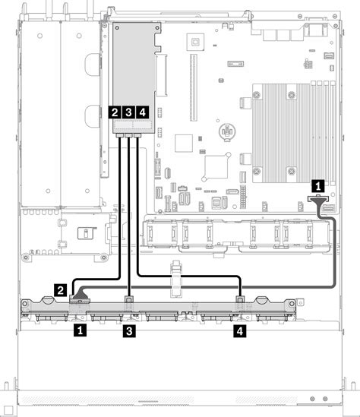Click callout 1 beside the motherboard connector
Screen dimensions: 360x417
(x=318, y=186)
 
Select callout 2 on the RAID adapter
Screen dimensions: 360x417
(x=115, y=112)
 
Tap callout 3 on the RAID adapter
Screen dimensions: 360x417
(x=128, y=112)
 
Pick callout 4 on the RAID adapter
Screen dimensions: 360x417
(x=143, y=112)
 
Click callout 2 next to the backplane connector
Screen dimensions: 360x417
(x=60, y=290)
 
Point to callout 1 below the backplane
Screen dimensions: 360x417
(x=80, y=330)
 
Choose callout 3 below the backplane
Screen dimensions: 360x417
(x=129, y=331)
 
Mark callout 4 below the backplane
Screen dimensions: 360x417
(x=240, y=331)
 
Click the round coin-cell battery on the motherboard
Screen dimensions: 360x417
(x=227, y=131)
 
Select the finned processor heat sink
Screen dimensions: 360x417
(x=281, y=133)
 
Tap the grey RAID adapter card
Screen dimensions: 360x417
(x=134, y=77)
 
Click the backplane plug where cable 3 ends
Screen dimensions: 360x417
(x=128, y=299)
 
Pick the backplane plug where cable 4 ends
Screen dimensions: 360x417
(x=240, y=299)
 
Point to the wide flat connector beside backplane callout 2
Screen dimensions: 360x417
(x=80, y=301)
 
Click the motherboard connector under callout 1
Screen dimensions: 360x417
(x=318, y=198)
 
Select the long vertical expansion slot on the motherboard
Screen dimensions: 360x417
(x=194, y=87)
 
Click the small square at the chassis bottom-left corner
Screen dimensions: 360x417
(x=9, y=410)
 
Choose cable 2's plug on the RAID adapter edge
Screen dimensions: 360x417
(x=120, y=136)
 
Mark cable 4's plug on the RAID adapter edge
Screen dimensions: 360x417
(x=137, y=136)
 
